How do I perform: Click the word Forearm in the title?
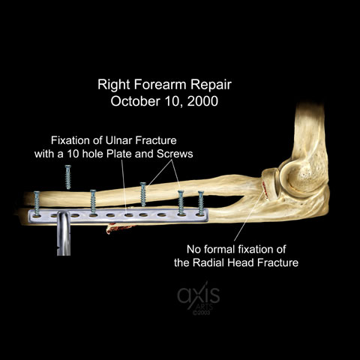(x=160, y=85)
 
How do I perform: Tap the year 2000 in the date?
(x=202, y=101)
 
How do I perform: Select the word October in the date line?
(x=135, y=101)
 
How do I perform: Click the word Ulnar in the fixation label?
(x=119, y=140)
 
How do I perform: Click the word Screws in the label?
(x=175, y=154)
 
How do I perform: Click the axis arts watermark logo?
(x=199, y=298)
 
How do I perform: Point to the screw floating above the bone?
(x=68, y=177)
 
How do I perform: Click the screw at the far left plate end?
(x=37, y=203)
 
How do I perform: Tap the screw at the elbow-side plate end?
(x=201, y=203)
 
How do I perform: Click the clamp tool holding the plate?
(x=64, y=233)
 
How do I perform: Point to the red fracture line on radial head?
(x=264, y=190)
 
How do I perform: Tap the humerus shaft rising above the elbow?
(x=310, y=130)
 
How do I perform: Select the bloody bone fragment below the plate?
(x=120, y=227)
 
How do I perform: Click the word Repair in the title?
(x=211, y=85)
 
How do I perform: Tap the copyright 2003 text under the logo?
(x=201, y=313)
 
